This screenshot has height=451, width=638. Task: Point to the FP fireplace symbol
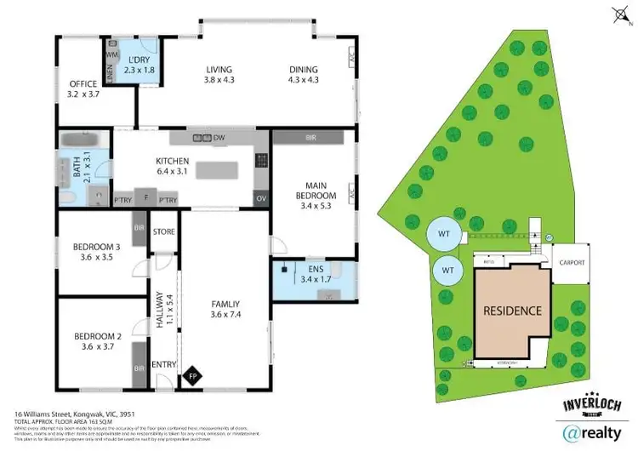(x=192, y=374)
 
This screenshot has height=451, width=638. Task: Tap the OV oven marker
(x=259, y=198)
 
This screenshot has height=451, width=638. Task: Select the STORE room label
(x=162, y=231)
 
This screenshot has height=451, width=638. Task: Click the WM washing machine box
(x=110, y=54)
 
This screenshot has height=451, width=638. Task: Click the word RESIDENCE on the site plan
(x=512, y=310)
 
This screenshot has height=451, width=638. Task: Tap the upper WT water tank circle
(x=442, y=233)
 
